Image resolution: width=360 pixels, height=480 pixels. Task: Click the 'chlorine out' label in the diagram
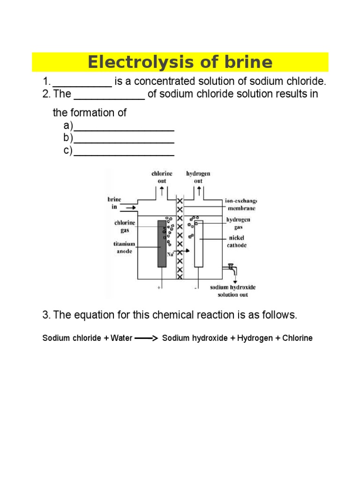162,177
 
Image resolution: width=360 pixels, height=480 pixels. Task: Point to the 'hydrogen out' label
198,177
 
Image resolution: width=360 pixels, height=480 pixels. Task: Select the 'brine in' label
114,203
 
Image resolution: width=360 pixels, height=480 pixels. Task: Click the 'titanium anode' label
124,247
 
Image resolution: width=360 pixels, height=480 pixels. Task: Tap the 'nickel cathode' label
237,242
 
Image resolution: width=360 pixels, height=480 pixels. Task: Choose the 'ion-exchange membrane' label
241,205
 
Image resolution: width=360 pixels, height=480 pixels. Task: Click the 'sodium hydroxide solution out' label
232,291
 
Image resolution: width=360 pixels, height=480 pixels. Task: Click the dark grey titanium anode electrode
162,243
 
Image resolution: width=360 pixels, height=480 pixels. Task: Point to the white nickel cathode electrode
199,244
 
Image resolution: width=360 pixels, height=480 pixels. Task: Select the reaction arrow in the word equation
146,338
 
